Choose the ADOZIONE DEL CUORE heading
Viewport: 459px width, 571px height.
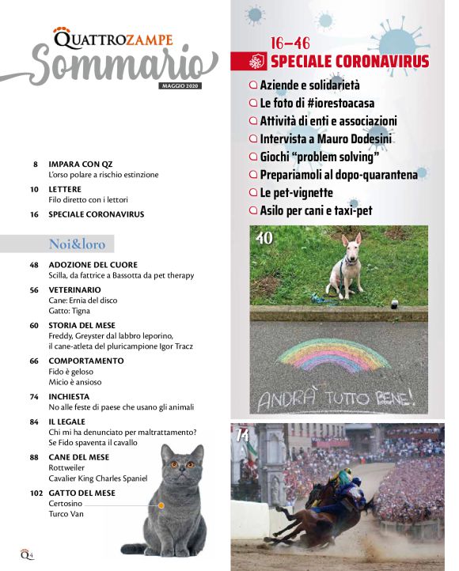coord(93,265)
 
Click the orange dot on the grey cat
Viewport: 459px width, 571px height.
coord(161,504)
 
